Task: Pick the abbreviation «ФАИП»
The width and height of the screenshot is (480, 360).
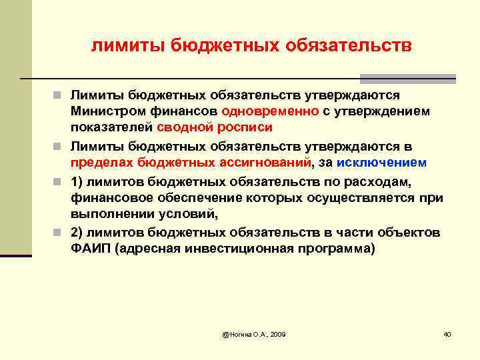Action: point(89,249)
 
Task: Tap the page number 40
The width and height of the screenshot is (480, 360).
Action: point(447,333)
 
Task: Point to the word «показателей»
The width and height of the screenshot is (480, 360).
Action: point(113,127)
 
